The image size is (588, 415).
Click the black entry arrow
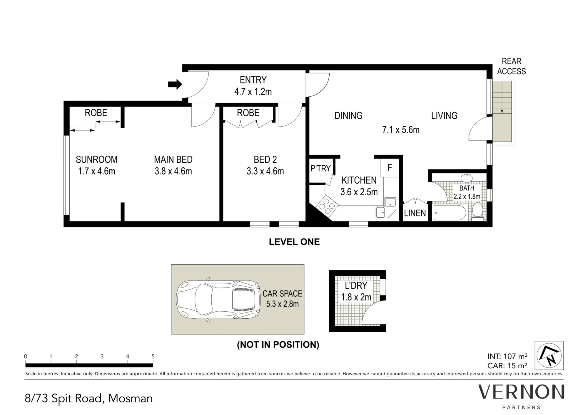click(x=175, y=85)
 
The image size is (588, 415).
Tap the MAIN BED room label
click(x=173, y=159)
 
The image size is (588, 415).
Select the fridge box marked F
click(x=390, y=168)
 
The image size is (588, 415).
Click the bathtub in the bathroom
click(x=450, y=213)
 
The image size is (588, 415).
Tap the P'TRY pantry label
click(x=320, y=168)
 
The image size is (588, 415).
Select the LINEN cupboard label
click(x=415, y=213)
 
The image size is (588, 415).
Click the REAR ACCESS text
click(x=512, y=66)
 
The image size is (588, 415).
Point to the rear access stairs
click(x=504, y=112)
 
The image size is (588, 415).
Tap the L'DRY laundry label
click(x=356, y=285)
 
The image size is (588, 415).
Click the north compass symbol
click(x=549, y=355)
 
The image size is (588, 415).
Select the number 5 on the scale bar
click(x=153, y=356)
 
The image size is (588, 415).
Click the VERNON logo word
click(x=521, y=392)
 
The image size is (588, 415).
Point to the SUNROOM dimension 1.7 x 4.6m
click(x=96, y=171)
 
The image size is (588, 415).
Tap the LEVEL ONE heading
click(x=294, y=242)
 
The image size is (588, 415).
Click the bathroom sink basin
click(x=466, y=178)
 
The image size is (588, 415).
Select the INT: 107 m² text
click(x=507, y=356)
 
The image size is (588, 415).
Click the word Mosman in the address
click(x=131, y=399)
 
